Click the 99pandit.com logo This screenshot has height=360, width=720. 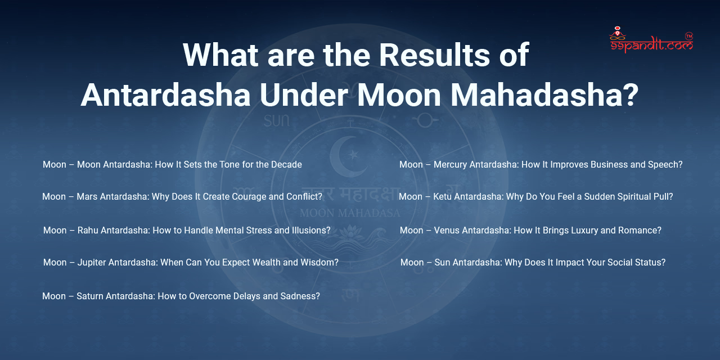pyautogui.click(x=651, y=40)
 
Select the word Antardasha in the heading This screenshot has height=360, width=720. pyautogui.click(x=165, y=95)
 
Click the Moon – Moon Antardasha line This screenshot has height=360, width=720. pyautogui.click(x=172, y=165)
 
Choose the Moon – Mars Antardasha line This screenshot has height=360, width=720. pyautogui.click(x=182, y=197)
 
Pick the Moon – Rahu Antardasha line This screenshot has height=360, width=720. pyautogui.click(x=187, y=231)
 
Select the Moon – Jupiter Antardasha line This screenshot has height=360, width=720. pyautogui.click(x=191, y=263)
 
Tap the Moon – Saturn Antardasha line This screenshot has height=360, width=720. pyautogui.click(x=181, y=296)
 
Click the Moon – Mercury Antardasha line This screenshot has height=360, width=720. pyautogui.click(x=541, y=165)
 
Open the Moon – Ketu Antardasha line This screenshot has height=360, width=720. pyautogui.click(x=535, y=197)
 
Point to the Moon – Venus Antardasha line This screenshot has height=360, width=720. pyautogui.click(x=530, y=231)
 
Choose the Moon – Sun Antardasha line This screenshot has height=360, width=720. pyautogui.click(x=533, y=263)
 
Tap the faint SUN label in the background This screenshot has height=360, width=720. pyautogui.click(x=276, y=120)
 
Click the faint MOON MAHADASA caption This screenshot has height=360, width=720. pyautogui.click(x=349, y=213)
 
